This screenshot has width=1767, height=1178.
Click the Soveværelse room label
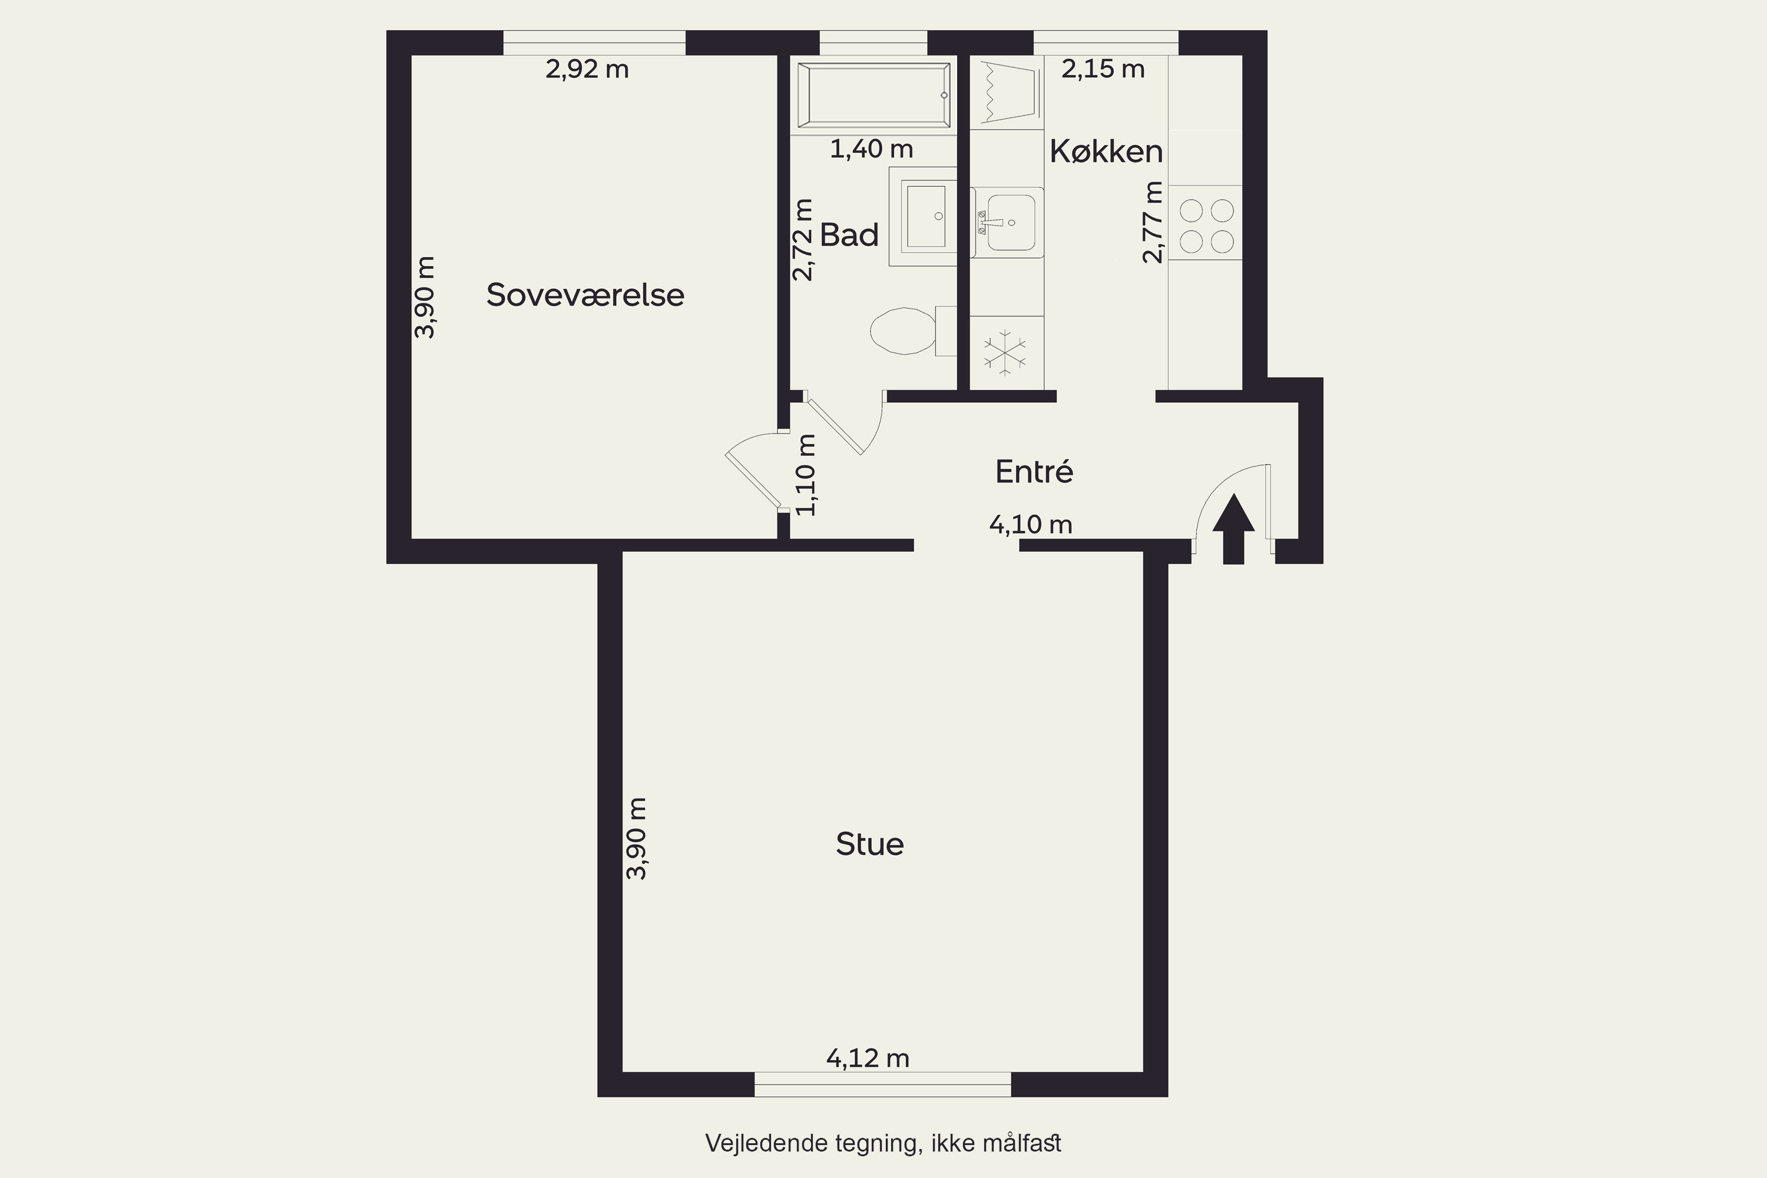coord(585,294)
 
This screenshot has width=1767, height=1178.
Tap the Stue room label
coord(869,845)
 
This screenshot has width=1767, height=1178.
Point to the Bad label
coord(849,235)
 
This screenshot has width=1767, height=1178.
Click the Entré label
coord(1034,471)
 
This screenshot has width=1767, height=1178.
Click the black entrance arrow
coord(1233,528)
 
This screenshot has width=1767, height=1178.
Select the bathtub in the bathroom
coord(873,95)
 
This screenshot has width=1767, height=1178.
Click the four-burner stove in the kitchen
coord(1206,226)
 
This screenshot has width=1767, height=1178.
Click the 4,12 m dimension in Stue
coord(868,1058)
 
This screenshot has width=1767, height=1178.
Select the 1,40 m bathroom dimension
coord(872,149)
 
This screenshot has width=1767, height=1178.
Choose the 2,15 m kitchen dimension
coord(1103,69)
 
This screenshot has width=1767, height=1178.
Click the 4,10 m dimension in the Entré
coord(1031,524)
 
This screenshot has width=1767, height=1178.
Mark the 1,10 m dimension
coord(805,475)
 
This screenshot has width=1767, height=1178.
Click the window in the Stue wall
coord(883,1085)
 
